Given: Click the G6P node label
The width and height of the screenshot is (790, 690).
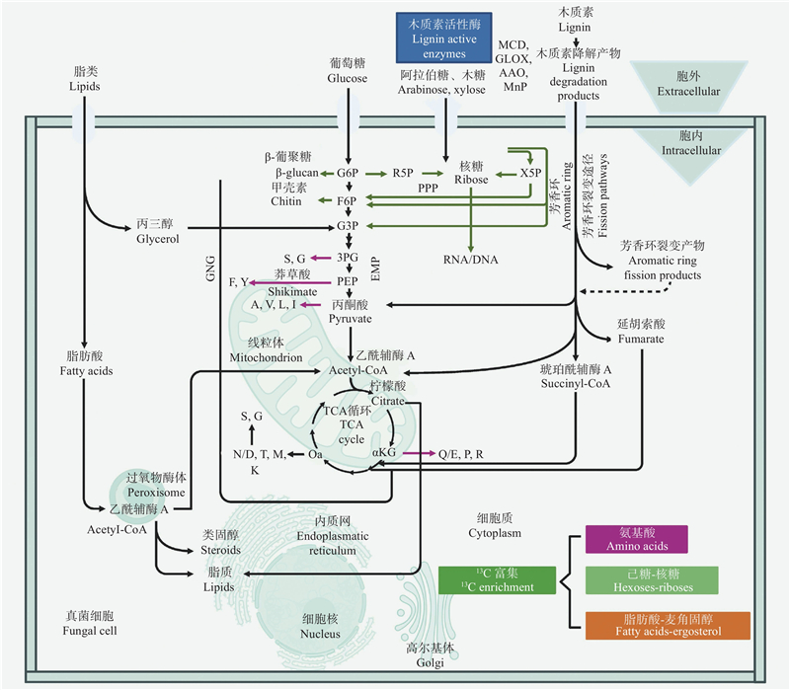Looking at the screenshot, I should [x=348, y=173].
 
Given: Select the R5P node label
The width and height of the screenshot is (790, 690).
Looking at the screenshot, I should [x=402, y=173].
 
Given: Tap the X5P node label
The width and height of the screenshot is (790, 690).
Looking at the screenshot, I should [x=530, y=173].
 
